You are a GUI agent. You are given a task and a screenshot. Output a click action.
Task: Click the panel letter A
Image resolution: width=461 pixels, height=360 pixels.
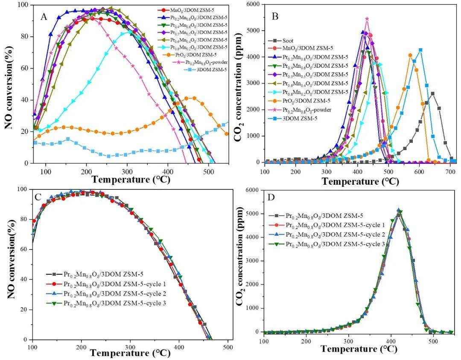[x=44, y=17]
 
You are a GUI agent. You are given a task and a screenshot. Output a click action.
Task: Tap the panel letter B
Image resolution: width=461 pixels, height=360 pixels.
[x=275, y=17]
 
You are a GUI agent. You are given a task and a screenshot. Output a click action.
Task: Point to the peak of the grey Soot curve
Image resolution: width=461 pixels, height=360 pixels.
[x=432, y=93]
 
